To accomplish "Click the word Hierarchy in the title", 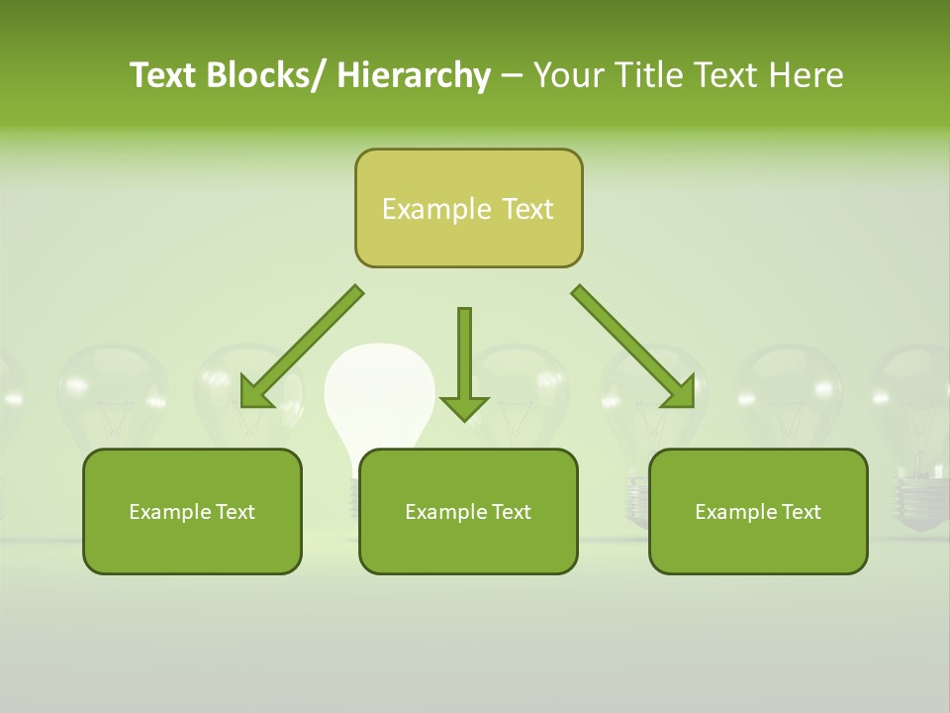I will [414, 76].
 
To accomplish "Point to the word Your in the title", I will [568, 76].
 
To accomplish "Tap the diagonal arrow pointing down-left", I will [301, 347].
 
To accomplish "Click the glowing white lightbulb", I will [380, 391].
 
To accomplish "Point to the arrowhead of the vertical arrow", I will [464, 407].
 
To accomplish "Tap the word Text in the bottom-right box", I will [800, 512].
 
